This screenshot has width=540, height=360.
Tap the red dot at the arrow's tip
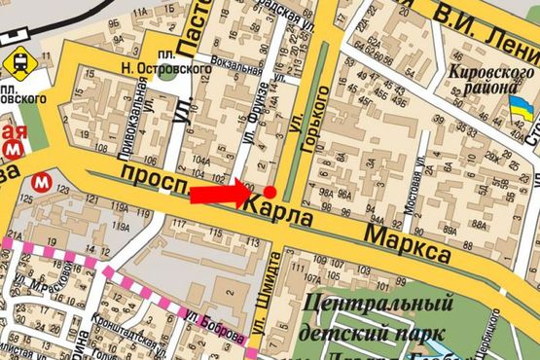[270, 193]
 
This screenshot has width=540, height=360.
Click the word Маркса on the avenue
[408, 242]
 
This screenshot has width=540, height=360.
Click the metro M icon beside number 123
[42, 181]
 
